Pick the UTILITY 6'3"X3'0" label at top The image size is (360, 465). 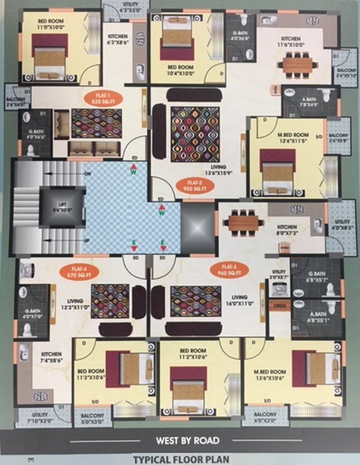(124, 8)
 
